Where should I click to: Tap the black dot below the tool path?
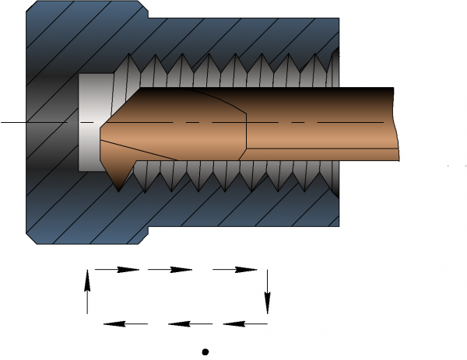(205, 351)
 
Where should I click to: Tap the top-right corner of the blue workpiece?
(339, 18)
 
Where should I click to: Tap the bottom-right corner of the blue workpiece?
(339, 226)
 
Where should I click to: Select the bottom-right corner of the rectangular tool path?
(267, 323)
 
